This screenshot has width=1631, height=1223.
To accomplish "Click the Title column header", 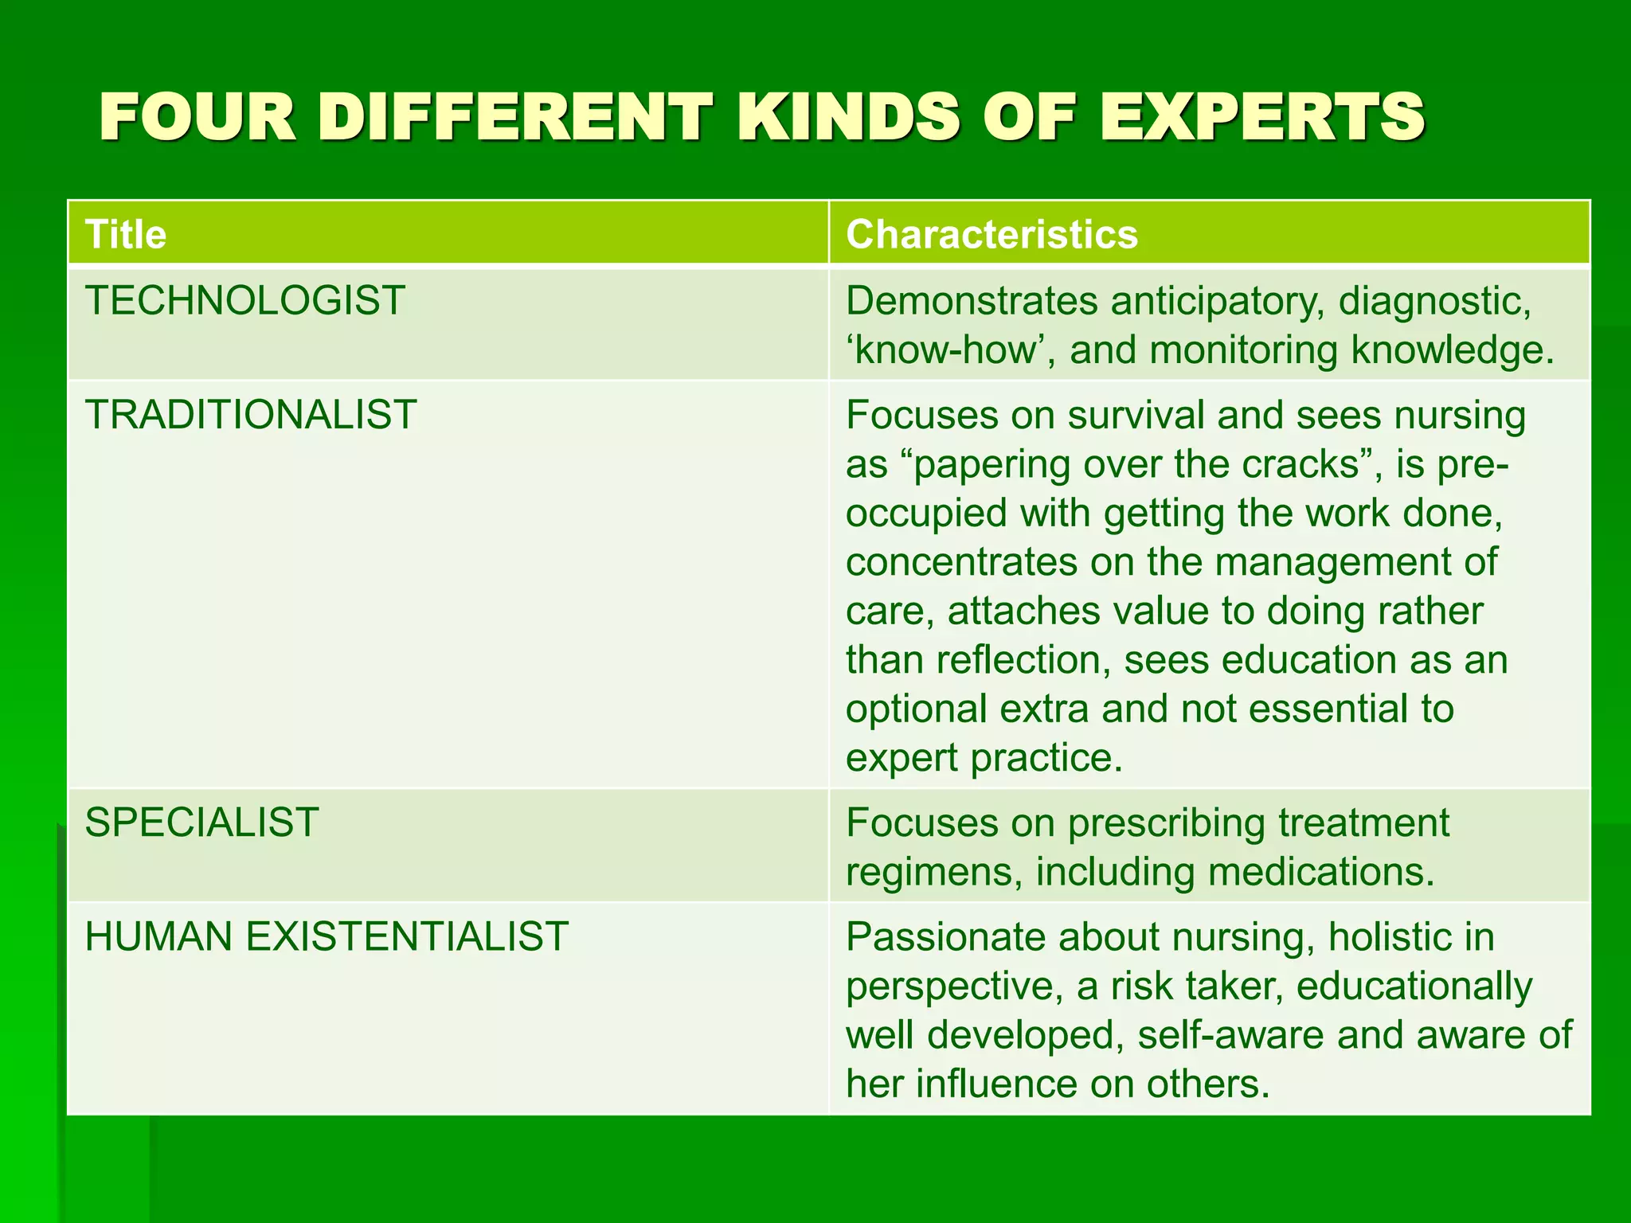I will tap(126, 235).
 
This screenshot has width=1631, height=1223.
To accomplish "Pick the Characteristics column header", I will tap(992, 235).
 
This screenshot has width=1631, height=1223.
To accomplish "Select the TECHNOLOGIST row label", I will tap(245, 301).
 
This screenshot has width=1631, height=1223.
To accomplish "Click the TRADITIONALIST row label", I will tap(251, 415).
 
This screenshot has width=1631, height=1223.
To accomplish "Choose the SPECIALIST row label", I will tap(201, 822).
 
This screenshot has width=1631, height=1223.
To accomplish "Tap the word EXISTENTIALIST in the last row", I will tap(407, 936).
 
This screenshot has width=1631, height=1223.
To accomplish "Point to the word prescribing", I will tap(1166, 823).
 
